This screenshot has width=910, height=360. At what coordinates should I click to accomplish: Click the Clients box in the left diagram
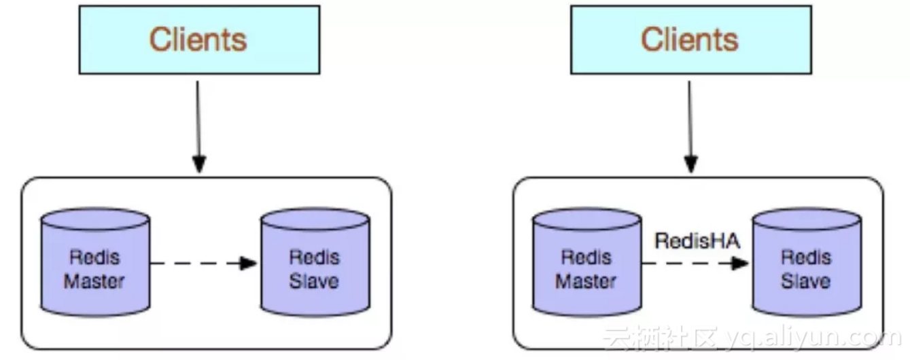(x=199, y=39)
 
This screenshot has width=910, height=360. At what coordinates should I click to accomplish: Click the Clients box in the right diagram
(x=690, y=39)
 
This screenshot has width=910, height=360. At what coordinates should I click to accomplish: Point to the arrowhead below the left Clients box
(x=199, y=164)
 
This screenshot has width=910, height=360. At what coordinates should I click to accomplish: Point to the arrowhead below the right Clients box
(x=690, y=164)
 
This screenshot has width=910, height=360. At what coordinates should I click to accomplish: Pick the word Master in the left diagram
(x=94, y=281)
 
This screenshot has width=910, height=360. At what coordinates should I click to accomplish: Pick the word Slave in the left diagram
(x=314, y=281)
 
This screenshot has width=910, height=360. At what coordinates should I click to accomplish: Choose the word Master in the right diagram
(x=586, y=281)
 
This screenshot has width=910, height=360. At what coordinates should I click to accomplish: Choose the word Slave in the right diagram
(x=805, y=281)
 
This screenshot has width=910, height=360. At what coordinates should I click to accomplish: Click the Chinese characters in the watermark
(x=659, y=338)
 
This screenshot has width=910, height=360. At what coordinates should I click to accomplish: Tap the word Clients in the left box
(x=198, y=39)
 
